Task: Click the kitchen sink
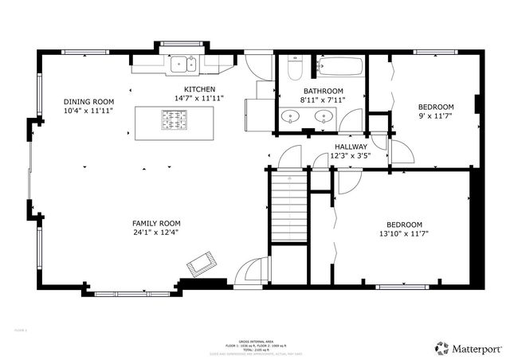(x=183, y=63)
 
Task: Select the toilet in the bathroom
(x=293, y=67)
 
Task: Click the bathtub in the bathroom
(x=339, y=66)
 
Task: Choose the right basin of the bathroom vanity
(x=323, y=117)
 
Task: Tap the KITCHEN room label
(x=199, y=88)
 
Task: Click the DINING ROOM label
(x=89, y=101)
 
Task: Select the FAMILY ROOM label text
(x=156, y=223)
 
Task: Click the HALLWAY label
(x=351, y=147)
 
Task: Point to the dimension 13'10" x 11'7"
(x=405, y=234)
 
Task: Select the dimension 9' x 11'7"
(x=436, y=117)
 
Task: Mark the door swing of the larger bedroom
(x=346, y=182)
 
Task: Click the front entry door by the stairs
(x=254, y=271)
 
